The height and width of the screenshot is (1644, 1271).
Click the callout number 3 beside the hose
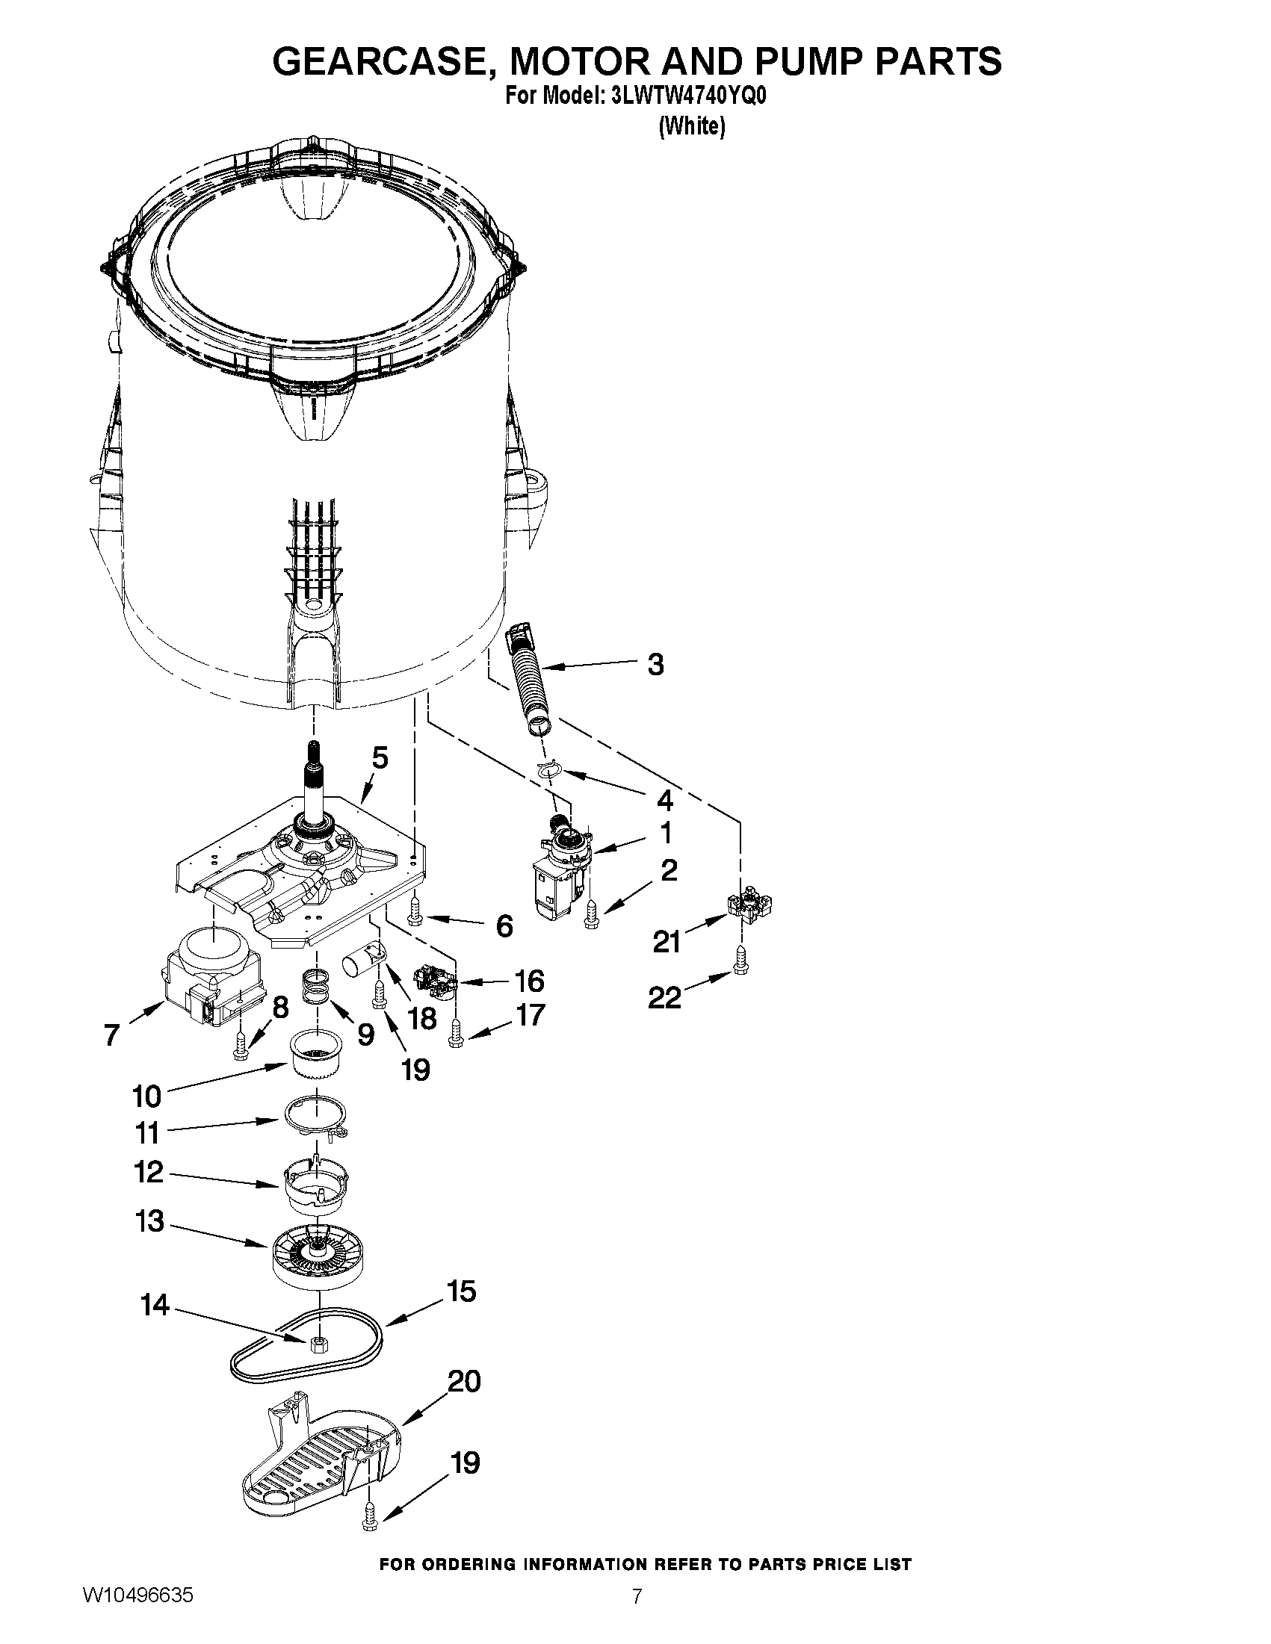(655, 665)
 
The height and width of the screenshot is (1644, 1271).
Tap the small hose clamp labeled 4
(550, 769)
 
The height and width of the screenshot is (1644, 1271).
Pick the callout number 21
(667, 941)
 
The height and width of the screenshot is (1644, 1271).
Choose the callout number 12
(149, 1172)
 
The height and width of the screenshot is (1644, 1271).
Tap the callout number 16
(528, 981)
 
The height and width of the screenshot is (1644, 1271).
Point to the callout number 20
(463, 1381)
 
